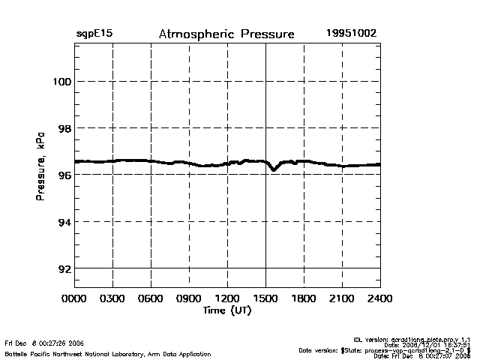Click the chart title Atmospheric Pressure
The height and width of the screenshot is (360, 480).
pyautogui.click(x=226, y=34)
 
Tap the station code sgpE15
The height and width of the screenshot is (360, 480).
pyautogui.click(x=94, y=34)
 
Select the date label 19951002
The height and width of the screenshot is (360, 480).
pyautogui.click(x=351, y=34)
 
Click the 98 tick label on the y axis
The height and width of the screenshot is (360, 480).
pyautogui.click(x=63, y=128)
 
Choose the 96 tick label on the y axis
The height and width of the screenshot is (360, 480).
pyautogui.click(x=63, y=175)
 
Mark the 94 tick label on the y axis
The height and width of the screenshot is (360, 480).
pyautogui.click(x=63, y=222)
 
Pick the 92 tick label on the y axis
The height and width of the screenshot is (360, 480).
pyautogui.click(x=63, y=268)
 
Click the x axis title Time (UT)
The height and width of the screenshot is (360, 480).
pyautogui.click(x=226, y=310)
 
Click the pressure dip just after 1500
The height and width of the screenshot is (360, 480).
pyautogui.click(x=274, y=169)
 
